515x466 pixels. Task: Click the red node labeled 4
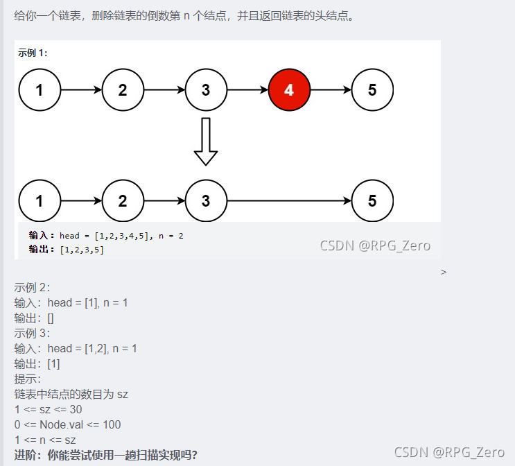click(289, 89)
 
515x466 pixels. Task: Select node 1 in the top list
click(40, 89)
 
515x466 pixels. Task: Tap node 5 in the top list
click(372, 89)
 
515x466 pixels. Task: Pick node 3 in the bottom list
click(206, 201)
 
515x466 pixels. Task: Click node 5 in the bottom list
click(372, 201)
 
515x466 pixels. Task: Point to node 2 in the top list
click(123, 89)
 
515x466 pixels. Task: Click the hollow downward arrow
click(205, 141)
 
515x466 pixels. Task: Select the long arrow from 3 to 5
click(289, 201)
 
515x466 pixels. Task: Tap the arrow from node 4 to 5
click(331, 89)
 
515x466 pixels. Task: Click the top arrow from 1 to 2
click(81, 89)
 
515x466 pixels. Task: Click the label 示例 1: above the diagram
click(33, 53)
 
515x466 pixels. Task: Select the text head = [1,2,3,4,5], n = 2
click(121, 236)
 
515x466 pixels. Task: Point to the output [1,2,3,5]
click(82, 250)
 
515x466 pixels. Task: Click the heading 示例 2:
click(32, 288)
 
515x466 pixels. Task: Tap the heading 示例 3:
click(32, 334)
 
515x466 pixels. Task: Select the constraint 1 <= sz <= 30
click(48, 409)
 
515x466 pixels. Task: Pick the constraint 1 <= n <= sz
click(45, 440)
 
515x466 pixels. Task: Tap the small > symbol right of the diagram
click(444, 273)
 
